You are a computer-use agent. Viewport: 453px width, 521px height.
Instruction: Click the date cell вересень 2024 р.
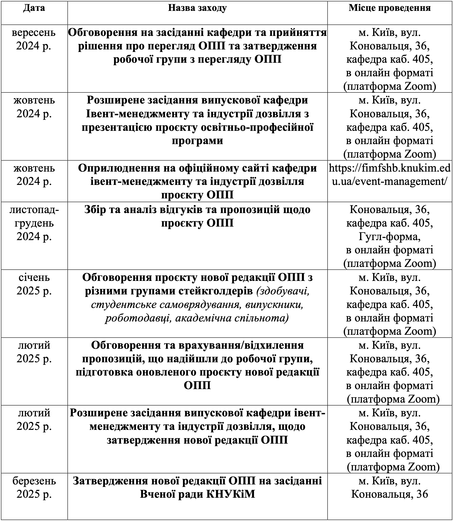click(x=34, y=39)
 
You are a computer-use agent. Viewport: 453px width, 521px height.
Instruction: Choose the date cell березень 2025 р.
click(x=34, y=487)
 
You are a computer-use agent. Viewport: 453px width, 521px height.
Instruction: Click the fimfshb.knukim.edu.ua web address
click(x=390, y=175)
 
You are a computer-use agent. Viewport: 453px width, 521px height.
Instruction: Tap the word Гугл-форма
click(x=390, y=237)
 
